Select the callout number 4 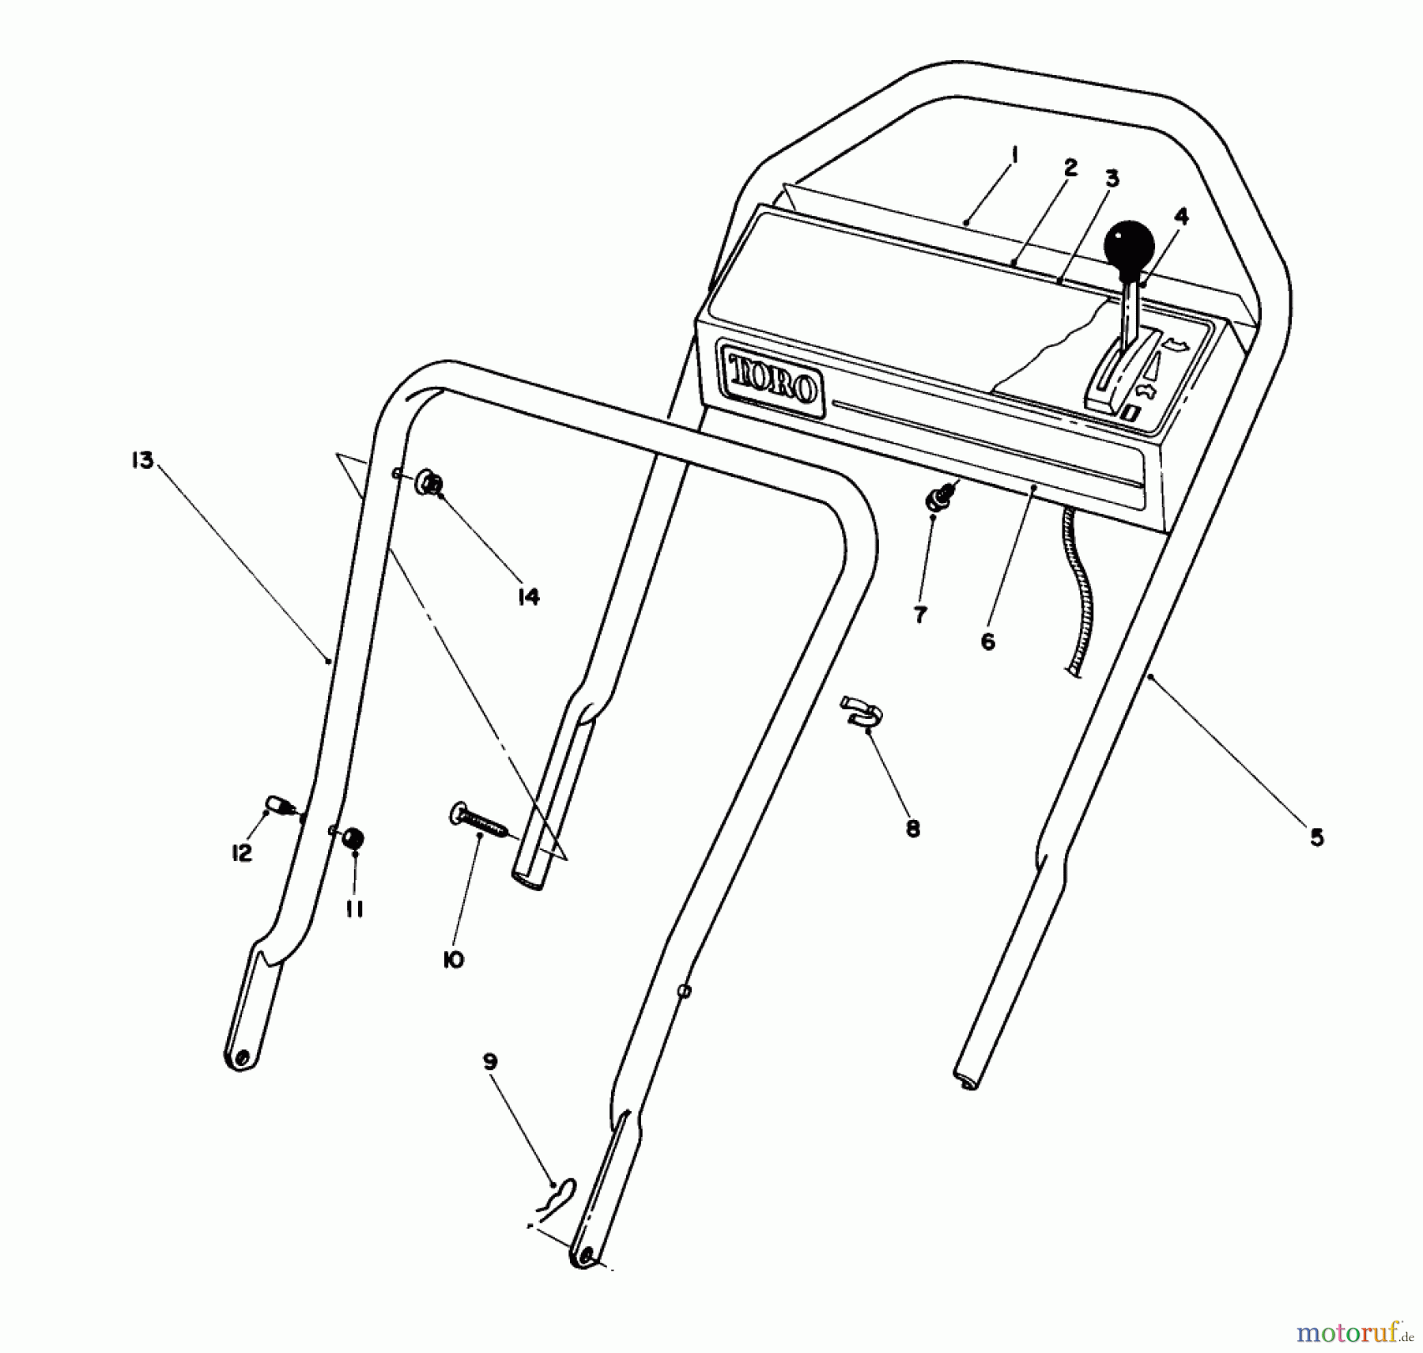coord(1181,216)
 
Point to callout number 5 coord(1316,837)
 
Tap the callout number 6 coord(988,641)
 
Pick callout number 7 coord(919,614)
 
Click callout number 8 coord(913,829)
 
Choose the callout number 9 coord(490,1062)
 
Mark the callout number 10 coord(454,960)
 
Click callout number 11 coord(354,910)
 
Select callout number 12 coord(241,853)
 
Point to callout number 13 coord(142,460)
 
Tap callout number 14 coord(529,596)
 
